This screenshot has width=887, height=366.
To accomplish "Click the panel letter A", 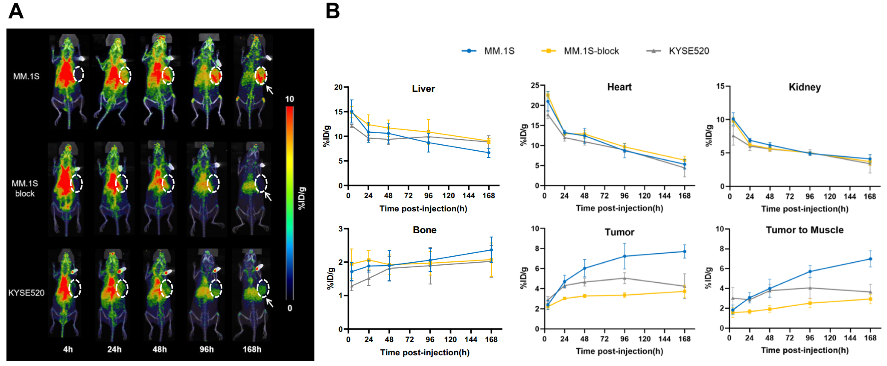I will click(x=16, y=11).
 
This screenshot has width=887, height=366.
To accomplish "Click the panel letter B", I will click(x=333, y=11).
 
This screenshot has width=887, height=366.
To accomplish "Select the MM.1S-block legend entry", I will click(x=591, y=51).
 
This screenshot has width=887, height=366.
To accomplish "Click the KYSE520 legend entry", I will click(x=688, y=51).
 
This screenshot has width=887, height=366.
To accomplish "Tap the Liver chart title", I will click(x=423, y=89).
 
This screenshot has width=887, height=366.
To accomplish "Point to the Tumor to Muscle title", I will click(x=804, y=230).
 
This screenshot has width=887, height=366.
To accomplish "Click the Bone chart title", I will click(x=424, y=230).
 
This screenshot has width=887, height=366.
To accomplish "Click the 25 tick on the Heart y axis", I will click(x=535, y=85).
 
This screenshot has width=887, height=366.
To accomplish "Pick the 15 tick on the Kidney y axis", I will click(x=720, y=86).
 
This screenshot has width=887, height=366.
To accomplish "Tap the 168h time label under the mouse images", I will click(x=252, y=349).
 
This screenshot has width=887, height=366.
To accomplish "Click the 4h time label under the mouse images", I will click(x=68, y=349).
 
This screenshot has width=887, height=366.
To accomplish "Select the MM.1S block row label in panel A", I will click(x=25, y=188).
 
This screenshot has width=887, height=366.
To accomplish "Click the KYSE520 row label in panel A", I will click(x=26, y=293).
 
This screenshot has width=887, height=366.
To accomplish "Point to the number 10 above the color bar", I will click(x=289, y=99).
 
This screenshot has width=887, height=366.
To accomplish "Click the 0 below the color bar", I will click(x=290, y=308).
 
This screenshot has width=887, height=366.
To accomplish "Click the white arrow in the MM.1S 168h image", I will click(x=269, y=90).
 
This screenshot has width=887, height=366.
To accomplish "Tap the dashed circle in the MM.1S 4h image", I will click(x=79, y=74).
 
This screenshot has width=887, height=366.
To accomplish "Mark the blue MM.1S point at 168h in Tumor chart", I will click(x=684, y=252).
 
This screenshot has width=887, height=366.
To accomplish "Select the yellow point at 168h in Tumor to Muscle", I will click(x=870, y=299).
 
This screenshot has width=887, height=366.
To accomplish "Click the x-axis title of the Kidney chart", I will click(x=804, y=209).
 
